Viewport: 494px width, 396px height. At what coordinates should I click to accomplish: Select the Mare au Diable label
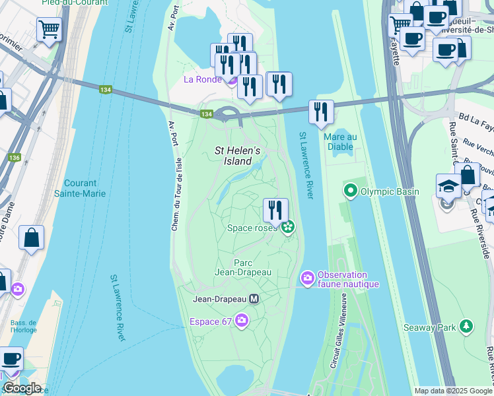click(341, 142)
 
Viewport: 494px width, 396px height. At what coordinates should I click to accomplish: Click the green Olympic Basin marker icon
click(349, 192)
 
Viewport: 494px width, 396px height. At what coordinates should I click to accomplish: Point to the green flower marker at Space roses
click(287, 228)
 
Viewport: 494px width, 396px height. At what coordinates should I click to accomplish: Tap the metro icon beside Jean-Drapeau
click(254, 299)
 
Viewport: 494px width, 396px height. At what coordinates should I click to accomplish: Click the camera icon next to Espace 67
click(242, 321)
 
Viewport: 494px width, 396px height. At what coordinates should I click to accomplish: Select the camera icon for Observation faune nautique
click(307, 279)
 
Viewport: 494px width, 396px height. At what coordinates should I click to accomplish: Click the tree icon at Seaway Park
click(466, 327)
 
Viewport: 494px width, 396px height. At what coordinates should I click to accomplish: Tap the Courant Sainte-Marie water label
click(81, 188)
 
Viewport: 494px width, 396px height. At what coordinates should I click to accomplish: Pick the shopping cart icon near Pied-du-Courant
click(49, 29)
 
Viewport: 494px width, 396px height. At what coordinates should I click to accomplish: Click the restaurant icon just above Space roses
click(275, 209)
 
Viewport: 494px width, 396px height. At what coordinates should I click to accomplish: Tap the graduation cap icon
click(448, 185)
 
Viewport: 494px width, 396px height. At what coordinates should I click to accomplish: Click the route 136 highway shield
click(15, 158)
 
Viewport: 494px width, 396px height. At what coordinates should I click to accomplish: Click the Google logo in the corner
click(21, 387)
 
